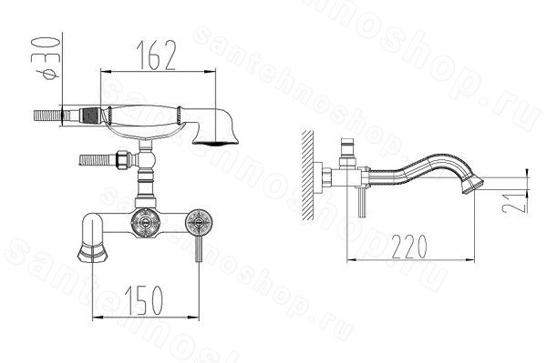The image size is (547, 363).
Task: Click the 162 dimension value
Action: (x=156, y=55)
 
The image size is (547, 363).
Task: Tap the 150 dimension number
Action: (x=143, y=300)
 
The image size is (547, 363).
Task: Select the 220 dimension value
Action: (x=408, y=247)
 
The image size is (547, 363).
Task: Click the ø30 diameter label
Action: (x=46, y=58)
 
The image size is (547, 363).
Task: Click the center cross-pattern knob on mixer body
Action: (x=145, y=222)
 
